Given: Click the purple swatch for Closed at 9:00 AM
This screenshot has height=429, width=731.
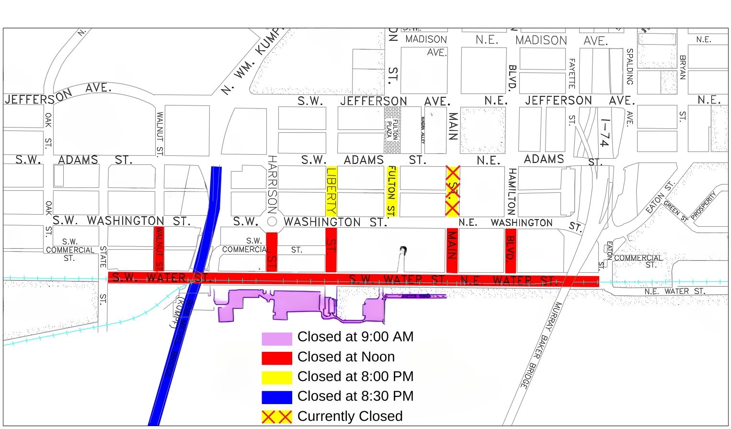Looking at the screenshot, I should click(x=276, y=338).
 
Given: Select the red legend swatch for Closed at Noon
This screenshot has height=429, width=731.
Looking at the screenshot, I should click(x=276, y=358).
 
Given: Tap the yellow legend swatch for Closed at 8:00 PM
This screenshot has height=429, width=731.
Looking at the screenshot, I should click(x=276, y=378).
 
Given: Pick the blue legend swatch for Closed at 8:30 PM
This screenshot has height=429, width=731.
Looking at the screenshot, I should click(x=276, y=397).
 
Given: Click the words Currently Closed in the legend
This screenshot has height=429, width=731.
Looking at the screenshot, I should click(x=350, y=417).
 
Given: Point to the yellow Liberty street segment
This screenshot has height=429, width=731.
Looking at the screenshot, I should click(x=331, y=191).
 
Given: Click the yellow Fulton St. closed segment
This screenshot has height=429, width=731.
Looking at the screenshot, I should click(x=392, y=191).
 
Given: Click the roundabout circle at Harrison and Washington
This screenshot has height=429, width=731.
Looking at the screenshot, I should click(x=272, y=221).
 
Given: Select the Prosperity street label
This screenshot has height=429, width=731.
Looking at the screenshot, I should click(x=703, y=206).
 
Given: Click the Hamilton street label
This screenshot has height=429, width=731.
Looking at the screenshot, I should click(x=512, y=191).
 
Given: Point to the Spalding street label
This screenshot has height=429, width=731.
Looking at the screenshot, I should click(x=629, y=67).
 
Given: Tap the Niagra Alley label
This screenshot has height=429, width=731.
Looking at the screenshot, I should click(x=423, y=130).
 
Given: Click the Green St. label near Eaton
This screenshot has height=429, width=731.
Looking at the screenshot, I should click(x=676, y=211).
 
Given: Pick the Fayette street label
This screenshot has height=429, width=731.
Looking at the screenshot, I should click(x=571, y=73).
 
